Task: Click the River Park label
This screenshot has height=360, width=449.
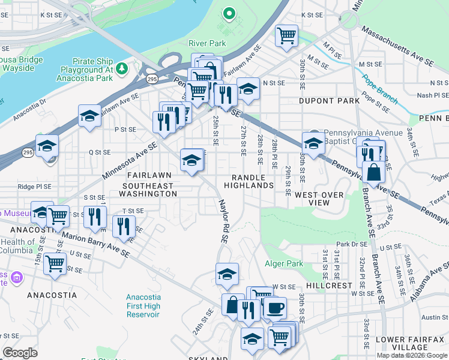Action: pyautogui.click(x=207, y=43)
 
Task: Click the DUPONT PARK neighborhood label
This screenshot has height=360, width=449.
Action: pyautogui.click(x=327, y=101)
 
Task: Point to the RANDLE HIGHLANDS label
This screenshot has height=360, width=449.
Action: pyautogui.click(x=253, y=181)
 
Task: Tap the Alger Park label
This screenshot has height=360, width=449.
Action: pyautogui.click(x=284, y=263)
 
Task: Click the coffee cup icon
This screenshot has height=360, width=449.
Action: pyautogui.click(x=275, y=308)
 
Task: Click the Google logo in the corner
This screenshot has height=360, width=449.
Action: pyautogui.click(x=20, y=352)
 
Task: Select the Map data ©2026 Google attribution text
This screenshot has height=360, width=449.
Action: pyautogui.click(x=412, y=355)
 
